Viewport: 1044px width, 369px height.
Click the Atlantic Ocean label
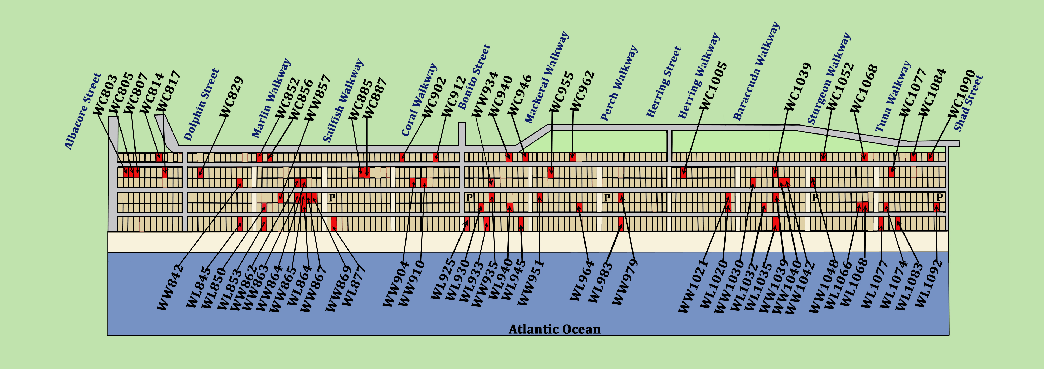coord(554,329)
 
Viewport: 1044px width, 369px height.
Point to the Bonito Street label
coord(474,77)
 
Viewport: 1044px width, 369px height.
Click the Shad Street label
coord(968,103)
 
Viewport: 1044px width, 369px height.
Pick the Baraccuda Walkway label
coord(756,71)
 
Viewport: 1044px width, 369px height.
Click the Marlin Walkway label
coord(271,98)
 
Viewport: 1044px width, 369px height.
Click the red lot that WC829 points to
coord(200,172)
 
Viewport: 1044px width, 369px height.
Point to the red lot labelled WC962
coord(572,157)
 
